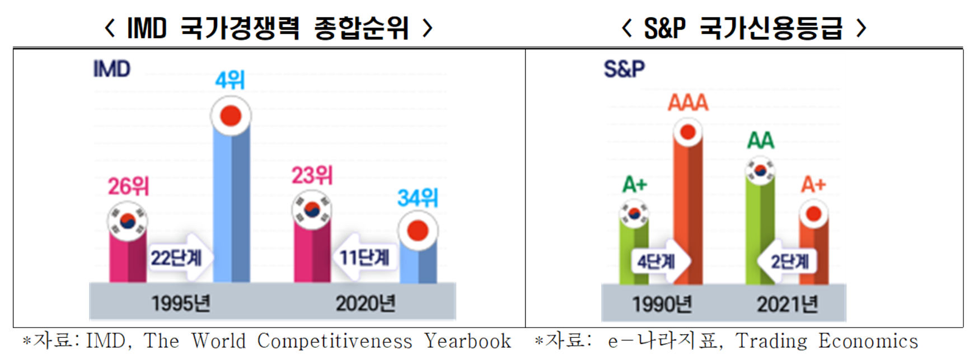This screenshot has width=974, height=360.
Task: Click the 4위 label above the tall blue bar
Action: pyautogui.click(x=230, y=80)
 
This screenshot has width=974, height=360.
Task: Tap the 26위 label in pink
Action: pyautogui.click(x=129, y=186)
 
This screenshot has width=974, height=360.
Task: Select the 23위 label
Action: pyautogui.click(x=312, y=176)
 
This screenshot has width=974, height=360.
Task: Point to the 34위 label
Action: pyautogui.click(x=418, y=198)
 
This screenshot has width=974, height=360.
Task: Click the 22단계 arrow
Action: pyautogui.click(x=178, y=258)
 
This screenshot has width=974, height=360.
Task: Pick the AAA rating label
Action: pyautogui.click(x=688, y=103)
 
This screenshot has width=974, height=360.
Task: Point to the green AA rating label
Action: pyautogui.click(x=761, y=141)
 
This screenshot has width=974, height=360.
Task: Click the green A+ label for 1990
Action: pyautogui.click(x=635, y=184)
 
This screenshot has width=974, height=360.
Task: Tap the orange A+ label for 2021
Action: pyautogui.click(x=813, y=184)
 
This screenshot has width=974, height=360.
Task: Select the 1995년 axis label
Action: pyautogui.click(x=181, y=303)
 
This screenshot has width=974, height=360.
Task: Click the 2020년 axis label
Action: pyautogui.click(x=366, y=303)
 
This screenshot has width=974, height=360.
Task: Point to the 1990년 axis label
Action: pyautogui.click(x=662, y=305)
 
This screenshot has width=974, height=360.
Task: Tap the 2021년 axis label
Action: pyautogui.click(x=787, y=305)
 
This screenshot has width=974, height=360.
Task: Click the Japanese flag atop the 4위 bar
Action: pyautogui.click(x=231, y=116)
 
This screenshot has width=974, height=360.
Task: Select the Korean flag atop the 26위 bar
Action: pyautogui.click(x=128, y=222)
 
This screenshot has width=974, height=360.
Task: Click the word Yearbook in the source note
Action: pyautogui.click(x=467, y=341)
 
